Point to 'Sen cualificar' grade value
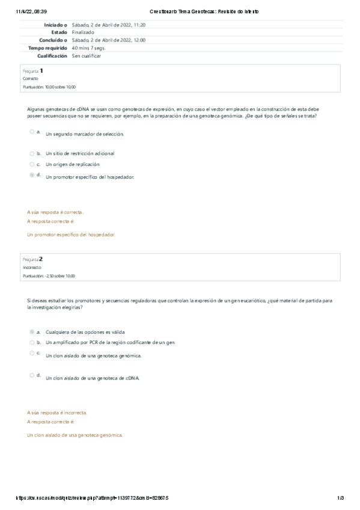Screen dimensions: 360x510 pyautogui.click(x=87, y=55)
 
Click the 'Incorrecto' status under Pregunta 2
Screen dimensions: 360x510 pyautogui.click(x=32, y=268)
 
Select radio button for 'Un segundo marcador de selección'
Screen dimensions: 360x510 pyautogui.click(x=31, y=131)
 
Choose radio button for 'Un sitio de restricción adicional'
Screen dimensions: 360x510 pyautogui.click(x=31, y=153)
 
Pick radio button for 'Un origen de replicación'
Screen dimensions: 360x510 pyautogui.click(x=31, y=164)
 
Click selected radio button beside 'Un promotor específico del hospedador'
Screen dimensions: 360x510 pyautogui.click(x=31, y=175)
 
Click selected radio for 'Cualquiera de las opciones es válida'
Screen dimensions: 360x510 pyautogui.click(x=31, y=331)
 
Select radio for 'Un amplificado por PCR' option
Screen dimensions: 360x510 pyautogui.click(x=31, y=342)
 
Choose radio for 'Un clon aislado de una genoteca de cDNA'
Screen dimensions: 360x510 pyautogui.click(x=31, y=375)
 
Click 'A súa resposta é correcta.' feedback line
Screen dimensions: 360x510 pyautogui.click(x=55, y=212)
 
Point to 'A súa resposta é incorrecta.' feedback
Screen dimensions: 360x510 pyautogui.click(x=57, y=413)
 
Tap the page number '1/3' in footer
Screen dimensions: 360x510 pyautogui.click(x=340, y=498)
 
